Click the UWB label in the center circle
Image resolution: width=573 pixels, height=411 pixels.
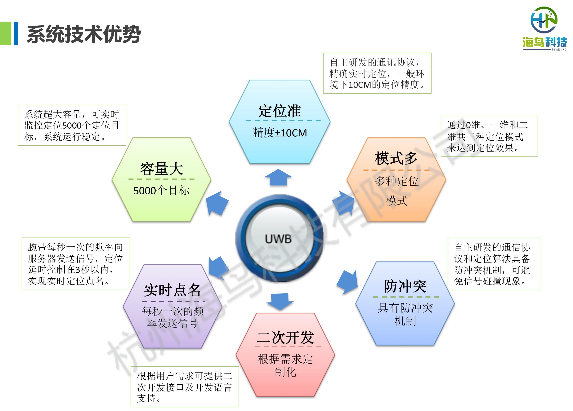(x=278, y=239)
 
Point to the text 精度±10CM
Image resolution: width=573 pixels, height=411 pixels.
(x=280, y=133)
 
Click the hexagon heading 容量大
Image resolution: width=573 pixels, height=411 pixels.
(x=161, y=169)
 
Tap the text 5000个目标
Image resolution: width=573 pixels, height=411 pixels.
(x=161, y=191)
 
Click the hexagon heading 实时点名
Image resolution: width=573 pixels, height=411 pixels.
(x=172, y=290)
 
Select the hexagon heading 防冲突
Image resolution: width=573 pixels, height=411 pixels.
(x=405, y=286)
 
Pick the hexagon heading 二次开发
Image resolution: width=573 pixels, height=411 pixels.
(x=285, y=338)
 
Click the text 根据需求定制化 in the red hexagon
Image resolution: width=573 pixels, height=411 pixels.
(x=285, y=365)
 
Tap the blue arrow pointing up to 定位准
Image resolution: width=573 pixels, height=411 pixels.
(x=278, y=178)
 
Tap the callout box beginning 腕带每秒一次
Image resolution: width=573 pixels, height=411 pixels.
(x=76, y=264)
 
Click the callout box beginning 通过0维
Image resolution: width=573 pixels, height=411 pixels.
(x=489, y=136)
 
